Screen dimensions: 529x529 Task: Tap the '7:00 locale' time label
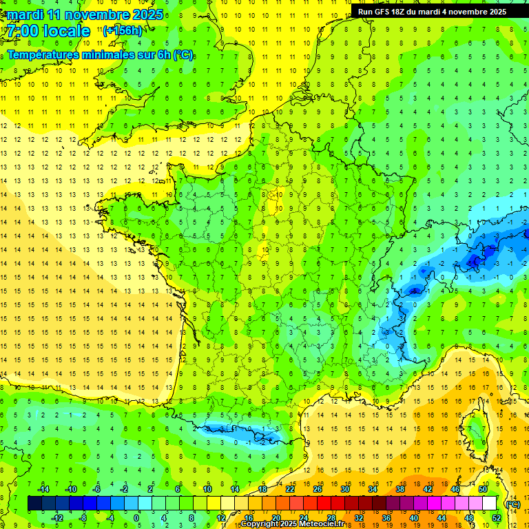pos(49,31)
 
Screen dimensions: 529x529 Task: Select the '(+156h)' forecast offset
pos(123,30)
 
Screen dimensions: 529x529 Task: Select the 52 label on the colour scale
pos(497,518)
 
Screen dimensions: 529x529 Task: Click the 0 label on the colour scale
pos(136,518)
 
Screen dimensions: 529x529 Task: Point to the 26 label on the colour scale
pos(318,489)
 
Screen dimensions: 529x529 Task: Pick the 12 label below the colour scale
pos(221,518)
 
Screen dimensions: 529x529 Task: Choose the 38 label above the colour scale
pos(400,489)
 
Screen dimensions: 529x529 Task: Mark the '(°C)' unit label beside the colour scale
pos(512,504)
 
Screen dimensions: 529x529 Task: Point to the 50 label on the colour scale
pos(483,489)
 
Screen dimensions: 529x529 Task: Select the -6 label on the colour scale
pos(96,489)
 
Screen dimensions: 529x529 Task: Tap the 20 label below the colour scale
pos(276,518)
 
